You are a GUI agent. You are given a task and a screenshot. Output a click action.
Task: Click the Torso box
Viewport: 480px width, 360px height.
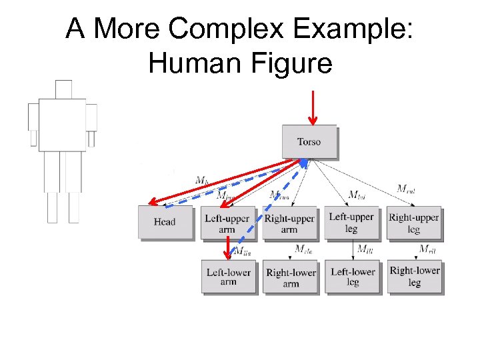click(309, 141)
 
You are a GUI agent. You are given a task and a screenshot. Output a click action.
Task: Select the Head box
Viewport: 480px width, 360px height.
click(164, 222)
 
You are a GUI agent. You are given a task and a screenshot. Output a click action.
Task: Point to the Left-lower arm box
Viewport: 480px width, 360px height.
click(228, 277)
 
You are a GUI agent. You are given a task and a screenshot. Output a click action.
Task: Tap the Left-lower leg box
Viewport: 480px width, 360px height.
click(353, 277)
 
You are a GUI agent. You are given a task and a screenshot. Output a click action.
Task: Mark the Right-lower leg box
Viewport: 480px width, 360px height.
click(414, 277)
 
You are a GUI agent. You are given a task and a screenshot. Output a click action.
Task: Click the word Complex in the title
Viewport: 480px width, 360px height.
click(211, 30)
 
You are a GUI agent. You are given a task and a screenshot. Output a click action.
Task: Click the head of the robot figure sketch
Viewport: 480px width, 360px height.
click(63, 89)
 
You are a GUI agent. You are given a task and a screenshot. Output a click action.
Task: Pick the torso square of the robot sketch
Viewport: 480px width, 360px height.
click(62, 125)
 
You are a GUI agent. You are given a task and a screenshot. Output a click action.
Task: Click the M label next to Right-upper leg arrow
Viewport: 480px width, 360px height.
click(406, 189)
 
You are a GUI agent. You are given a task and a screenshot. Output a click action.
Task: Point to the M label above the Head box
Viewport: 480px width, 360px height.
click(202, 179)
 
